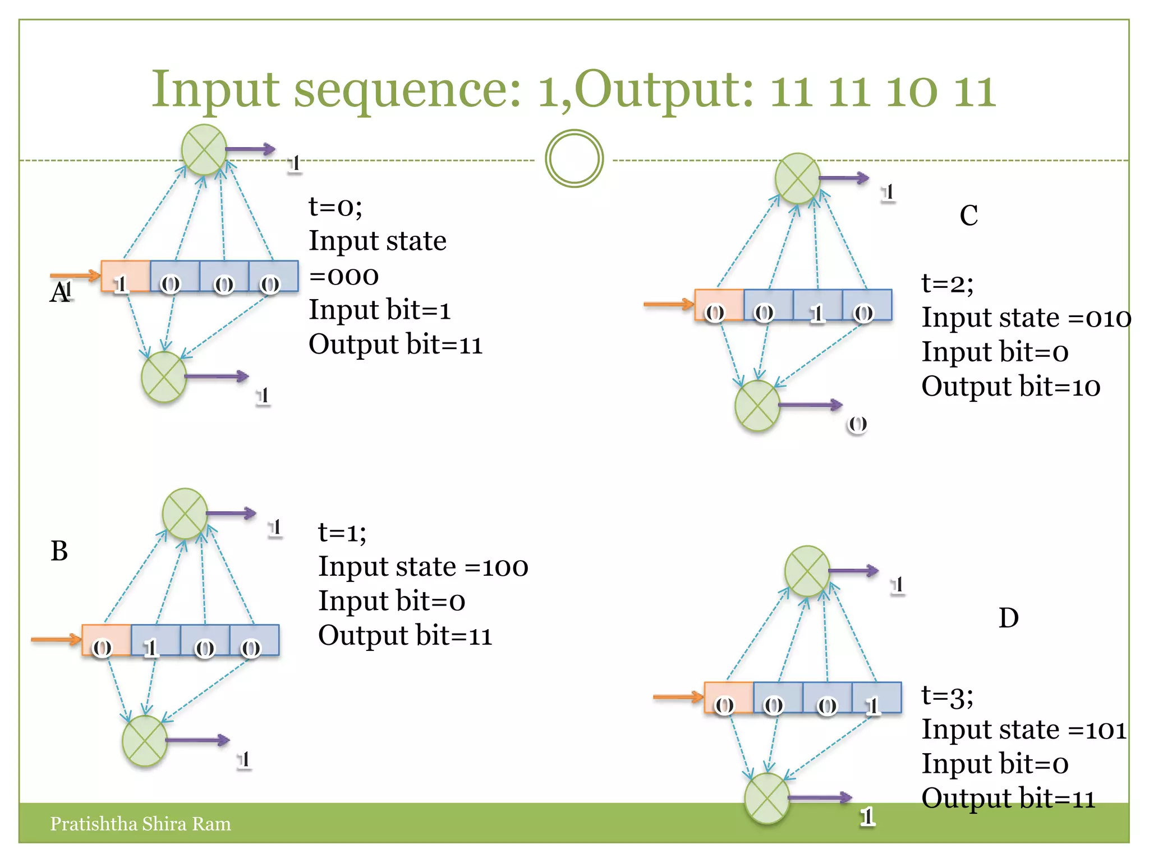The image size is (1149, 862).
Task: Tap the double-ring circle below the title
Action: click(574, 159)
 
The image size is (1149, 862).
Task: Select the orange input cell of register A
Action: click(125, 276)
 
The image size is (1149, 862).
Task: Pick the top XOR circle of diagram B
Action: click(185, 513)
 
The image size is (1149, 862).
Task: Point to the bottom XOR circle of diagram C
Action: click(757, 405)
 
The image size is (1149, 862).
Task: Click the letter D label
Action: click(1008, 618)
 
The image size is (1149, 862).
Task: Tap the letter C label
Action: click(969, 215)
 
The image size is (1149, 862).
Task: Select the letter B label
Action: click(59, 551)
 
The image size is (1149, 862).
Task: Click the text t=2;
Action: click(948, 283)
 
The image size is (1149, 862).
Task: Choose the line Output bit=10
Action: click(1010, 387)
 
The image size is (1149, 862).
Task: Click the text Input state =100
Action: click(423, 566)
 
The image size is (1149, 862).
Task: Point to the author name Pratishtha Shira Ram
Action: click(140, 823)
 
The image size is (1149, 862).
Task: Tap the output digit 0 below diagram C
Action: click(857, 424)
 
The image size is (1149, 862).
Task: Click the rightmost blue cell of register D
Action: click(876, 698)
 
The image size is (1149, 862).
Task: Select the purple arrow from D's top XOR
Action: click(853, 571)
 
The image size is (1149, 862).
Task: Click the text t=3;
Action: click(948, 695)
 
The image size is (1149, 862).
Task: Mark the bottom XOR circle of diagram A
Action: click(164, 377)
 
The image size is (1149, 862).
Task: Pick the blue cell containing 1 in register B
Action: click(155, 640)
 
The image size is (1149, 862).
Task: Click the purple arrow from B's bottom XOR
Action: click(197, 740)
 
